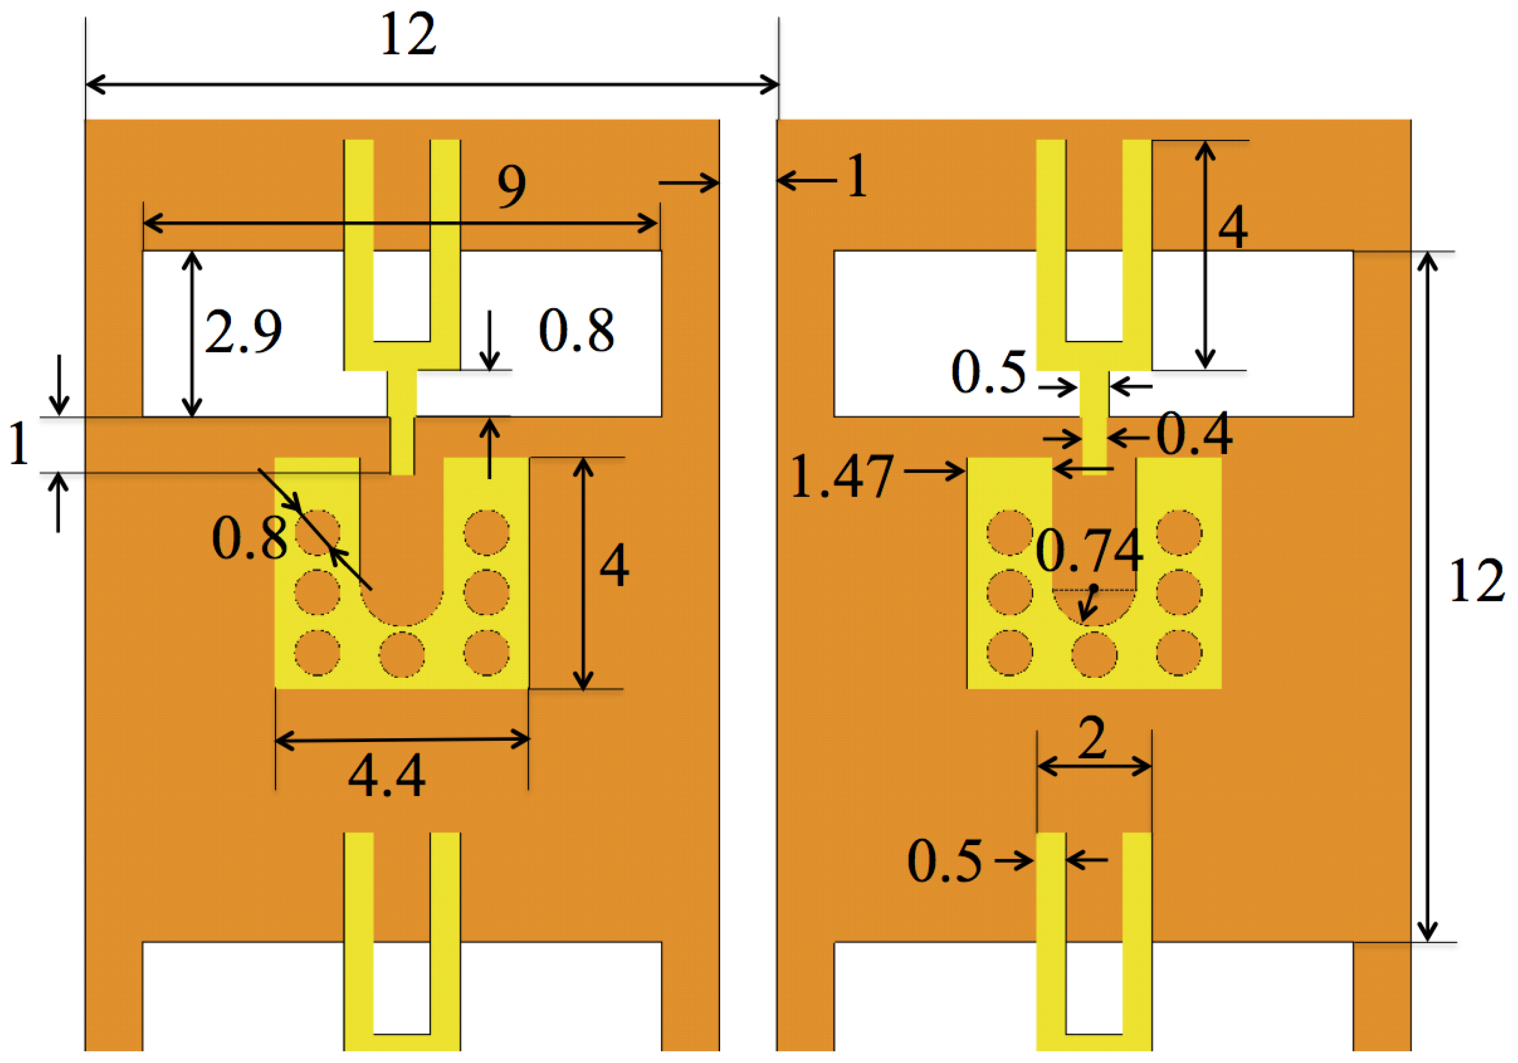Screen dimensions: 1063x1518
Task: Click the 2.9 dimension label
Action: [243, 331]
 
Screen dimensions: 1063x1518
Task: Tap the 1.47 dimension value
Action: [842, 476]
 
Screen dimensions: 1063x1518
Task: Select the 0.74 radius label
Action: [1089, 550]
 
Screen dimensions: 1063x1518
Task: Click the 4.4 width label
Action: [387, 776]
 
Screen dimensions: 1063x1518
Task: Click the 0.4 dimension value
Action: [1194, 435]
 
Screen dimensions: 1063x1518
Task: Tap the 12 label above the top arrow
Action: [408, 34]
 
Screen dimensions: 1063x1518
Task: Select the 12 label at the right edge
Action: [1476, 581]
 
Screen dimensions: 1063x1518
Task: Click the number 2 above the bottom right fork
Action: [1092, 739]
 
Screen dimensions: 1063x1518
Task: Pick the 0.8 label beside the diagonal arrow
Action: [249, 538]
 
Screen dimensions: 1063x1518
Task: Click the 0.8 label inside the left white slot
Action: [577, 331]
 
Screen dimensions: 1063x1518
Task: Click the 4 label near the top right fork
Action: [1233, 227]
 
